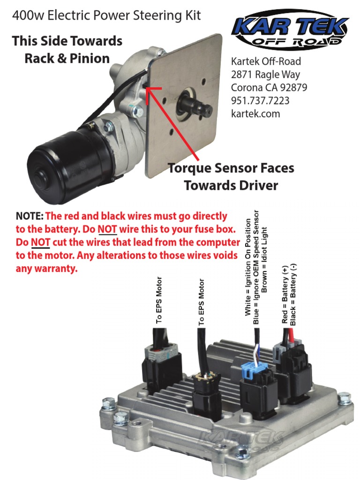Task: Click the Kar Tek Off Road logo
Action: [x=290, y=30]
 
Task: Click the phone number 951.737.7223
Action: [x=260, y=100]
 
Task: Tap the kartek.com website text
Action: [x=255, y=113]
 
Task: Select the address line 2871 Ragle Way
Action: [x=265, y=74]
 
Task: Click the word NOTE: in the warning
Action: [x=30, y=217]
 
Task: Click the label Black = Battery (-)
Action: [x=293, y=294]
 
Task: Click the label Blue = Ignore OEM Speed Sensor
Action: [x=256, y=266]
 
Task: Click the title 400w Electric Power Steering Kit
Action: [x=106, y=16]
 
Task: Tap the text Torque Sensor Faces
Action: [x=231, y=168]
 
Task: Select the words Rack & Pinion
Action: [x=67, y=59]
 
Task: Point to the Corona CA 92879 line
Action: [x=266, y=87]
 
